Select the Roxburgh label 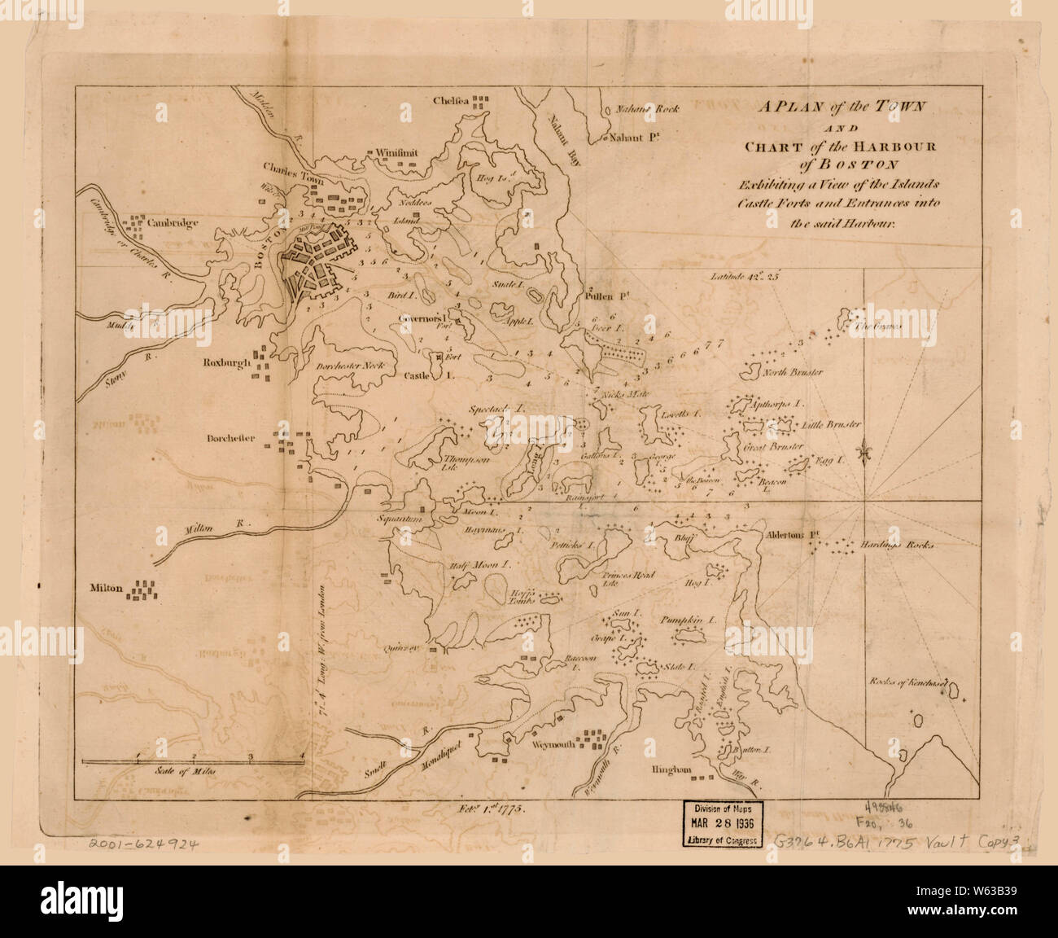(x=226, y=362)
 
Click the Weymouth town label (x=553, y=744)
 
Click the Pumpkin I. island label (x=688, y=620)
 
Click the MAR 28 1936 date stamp (x=723, y=825)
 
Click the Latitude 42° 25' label (x=744, y=277)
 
